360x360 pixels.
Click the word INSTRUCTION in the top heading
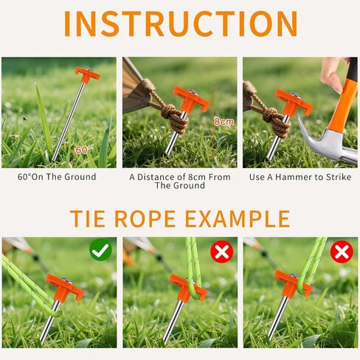click(x=181, y=24)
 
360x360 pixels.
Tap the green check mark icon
click(x=100, y=250)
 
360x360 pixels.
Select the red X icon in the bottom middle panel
click(x=222, y=252)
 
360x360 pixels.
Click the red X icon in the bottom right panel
click(x=342, y=252)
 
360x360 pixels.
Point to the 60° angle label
click(x=83, y=150)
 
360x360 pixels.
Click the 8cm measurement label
click(x=224, y=122)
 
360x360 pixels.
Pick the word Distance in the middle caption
click(x=156, y=177)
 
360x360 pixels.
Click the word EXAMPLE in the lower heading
click(x=238, y=218)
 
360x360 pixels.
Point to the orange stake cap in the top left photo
click(x=88, y=75)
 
